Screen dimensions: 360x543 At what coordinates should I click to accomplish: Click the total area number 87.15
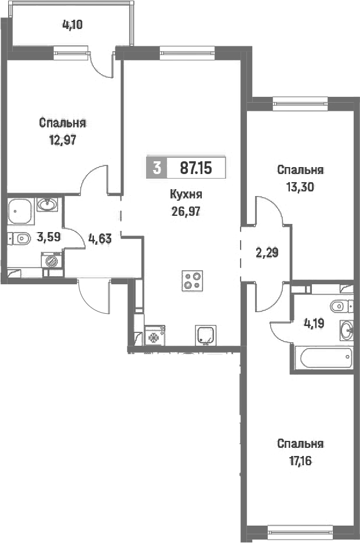pyautogui.click(x=196, y=168)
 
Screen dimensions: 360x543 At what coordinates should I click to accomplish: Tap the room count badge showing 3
pyautogui.click(x=157, y=168)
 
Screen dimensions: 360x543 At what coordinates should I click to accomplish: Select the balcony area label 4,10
pyautogui.click(x=72, y=25)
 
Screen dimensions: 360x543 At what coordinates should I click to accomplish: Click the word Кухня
pyautogui.click(x=186, y=194)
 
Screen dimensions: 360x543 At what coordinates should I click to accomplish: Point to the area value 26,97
pyautogui.click(x=186, y=211)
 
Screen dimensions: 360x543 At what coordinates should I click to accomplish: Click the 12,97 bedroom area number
pyautogui.click(x=63, y=140)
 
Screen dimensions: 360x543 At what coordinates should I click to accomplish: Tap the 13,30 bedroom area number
pyautogui.click(x=300, y=187)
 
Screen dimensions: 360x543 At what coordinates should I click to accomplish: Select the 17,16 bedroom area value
pyautogui.click(x=300, y=461)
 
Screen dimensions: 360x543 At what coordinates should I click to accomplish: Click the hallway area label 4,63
pyautogui.click(x=100, y=238)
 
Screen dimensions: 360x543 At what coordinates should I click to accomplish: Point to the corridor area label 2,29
pyautogui.click(x=267, y=253)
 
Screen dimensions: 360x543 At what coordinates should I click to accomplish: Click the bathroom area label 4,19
pyautogui.click(x=314, y=324)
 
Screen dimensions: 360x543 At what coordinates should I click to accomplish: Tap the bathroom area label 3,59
pyautogui.click(x=49, y=237)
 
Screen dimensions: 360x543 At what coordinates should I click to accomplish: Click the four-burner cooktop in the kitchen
pyautogui.click(x=192, y=280)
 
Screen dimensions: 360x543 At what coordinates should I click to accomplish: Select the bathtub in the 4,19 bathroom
pyautogui.click(x=326, y=359)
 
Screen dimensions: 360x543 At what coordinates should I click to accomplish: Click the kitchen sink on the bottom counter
pyautogui.click(x=206, y=335)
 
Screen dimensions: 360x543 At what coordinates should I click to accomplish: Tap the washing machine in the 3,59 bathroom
pyautogui.click(x=52, y=260)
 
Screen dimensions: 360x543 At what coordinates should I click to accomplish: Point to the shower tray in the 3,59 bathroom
pyautogui.click(x=21, y=211)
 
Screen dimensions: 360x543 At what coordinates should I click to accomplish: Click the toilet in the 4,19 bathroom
pyautogui.click(x=341, y=306)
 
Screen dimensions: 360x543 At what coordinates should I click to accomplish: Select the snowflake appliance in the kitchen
pyautogui.click(x=154, y=335)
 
